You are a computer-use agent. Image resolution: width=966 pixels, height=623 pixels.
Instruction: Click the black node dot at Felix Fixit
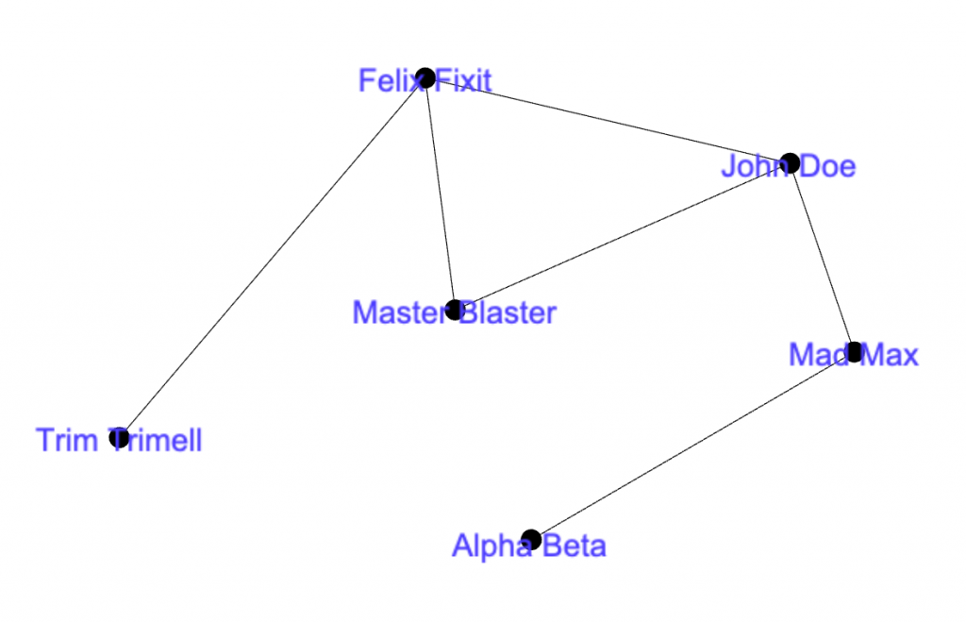pos(425,77)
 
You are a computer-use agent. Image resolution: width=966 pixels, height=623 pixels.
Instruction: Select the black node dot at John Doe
pos(791,162)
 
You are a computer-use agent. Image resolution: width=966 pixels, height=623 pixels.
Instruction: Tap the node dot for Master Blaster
pos(455,309)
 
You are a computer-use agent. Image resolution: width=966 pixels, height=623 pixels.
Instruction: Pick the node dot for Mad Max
pos(854,352)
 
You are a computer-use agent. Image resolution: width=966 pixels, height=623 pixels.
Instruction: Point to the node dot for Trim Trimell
pos(119,437)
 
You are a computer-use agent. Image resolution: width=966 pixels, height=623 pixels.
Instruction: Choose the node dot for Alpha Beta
pos(530,539)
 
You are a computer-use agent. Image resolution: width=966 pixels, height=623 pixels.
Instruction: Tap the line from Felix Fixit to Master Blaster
pos(440,194)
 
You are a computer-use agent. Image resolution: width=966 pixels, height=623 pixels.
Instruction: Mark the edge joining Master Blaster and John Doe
pos(623,236)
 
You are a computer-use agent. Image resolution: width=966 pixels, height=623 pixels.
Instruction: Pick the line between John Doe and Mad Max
pos(823,258)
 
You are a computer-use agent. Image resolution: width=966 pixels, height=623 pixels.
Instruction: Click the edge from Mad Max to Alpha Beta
pos(691,446)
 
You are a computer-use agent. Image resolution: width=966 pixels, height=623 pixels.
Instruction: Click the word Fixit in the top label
pos(465,81)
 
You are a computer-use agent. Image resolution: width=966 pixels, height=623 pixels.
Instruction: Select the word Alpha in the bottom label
pos(488,546)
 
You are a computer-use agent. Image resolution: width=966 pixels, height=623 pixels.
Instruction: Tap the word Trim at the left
pos(68,440)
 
